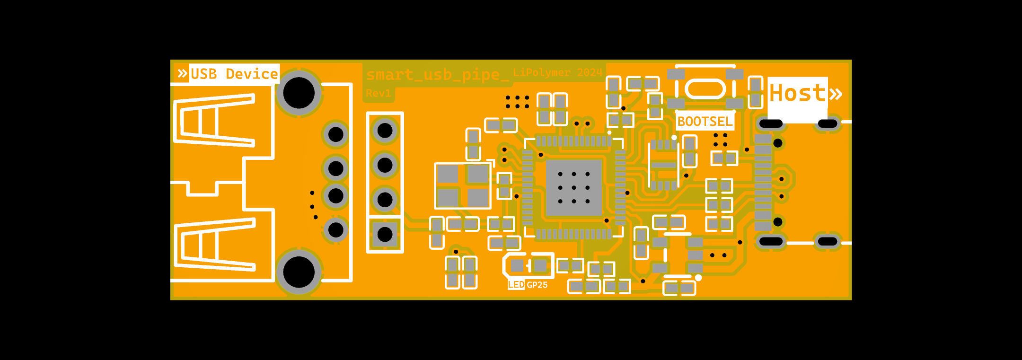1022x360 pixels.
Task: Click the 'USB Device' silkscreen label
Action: tap(234, 74)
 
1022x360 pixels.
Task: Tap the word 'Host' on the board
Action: tap(797, 93)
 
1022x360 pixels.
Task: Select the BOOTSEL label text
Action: tap(705, 122)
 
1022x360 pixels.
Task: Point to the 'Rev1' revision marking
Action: tap(379, 93)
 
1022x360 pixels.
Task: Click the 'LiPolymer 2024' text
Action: tap(557, 72)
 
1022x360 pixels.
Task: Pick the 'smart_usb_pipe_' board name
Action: tap(437, 75)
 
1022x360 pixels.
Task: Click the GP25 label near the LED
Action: tap(537, 285)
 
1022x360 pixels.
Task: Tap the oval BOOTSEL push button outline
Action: tap(705, 89)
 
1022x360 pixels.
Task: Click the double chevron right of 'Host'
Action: tap(836, 93)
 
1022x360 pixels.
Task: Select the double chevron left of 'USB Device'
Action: tap(182, 73)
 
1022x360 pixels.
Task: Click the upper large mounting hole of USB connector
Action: tap(299, 93)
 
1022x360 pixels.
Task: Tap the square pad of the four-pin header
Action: tap(385, 234)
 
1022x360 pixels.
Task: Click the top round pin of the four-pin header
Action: tap(385, 130)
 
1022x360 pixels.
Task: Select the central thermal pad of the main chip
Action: tap(573, 187)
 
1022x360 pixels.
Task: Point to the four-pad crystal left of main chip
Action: tap(463, 185)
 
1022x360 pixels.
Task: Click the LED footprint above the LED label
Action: tap(529, 266)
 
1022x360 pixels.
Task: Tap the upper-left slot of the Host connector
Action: tap(771, 124)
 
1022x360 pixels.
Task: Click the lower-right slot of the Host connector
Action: tap(828, 242)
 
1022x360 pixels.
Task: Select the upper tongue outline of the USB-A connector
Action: tap(215, 120)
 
